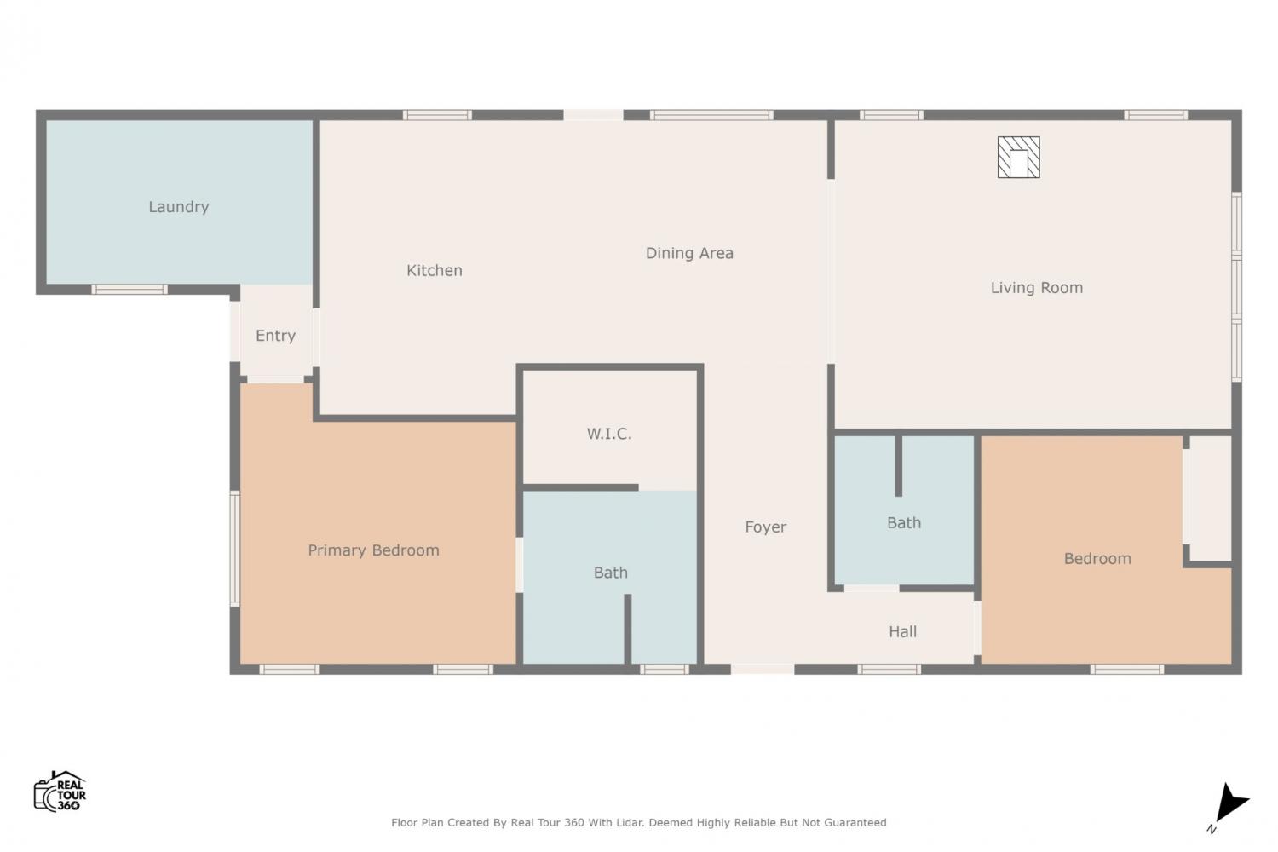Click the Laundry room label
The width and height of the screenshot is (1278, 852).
(x=179, y=206)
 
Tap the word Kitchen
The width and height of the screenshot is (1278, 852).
(x=435, y=270)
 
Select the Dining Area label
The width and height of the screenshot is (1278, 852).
(x=689, y=253)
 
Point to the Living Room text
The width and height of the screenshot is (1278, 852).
(x=1037, y=288)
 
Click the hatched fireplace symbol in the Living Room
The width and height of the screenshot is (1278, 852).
(x=1018, y=158)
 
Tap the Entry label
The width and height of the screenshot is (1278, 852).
(x=275, y=336)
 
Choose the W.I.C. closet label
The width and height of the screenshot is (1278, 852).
(x=609, y=434)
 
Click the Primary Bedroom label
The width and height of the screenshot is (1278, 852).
(x=374, y=550)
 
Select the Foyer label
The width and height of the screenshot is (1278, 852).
(x=766, y=527)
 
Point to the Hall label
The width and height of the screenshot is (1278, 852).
(x=902, y=631)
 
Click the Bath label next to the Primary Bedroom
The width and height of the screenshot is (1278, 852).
(x=611, y=573)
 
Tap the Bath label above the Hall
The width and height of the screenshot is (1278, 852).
(x=904, y=523)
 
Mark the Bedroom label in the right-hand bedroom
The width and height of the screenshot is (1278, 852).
(x=1097, y=558)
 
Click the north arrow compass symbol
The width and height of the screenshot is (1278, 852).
(x=1231, y=803)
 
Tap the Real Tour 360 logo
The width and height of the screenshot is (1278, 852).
(x=60, y=791)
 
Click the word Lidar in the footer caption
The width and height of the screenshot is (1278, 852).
(x=630, y=822)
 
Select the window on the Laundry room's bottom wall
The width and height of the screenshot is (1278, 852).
(x=130, y=290)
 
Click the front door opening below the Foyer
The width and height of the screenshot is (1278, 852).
(x=763, y=669)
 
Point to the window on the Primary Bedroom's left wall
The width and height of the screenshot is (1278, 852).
(x=234, y=549)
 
